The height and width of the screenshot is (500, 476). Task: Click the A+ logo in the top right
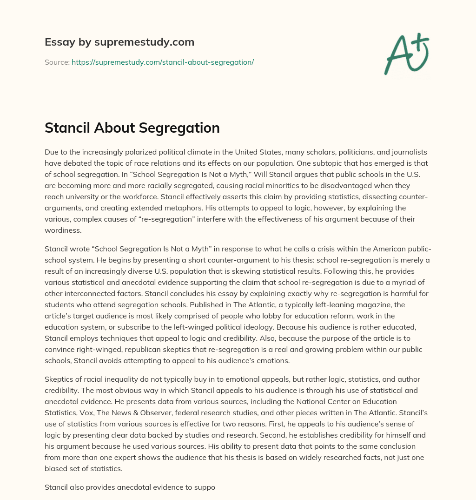pos(406,54)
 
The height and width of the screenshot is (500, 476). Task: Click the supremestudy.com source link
pos(162,62)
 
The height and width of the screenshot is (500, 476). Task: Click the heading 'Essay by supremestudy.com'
pos(119,42)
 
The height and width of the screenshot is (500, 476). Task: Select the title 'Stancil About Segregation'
pos(132,128)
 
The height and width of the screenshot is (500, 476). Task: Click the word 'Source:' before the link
pos(57,62)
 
